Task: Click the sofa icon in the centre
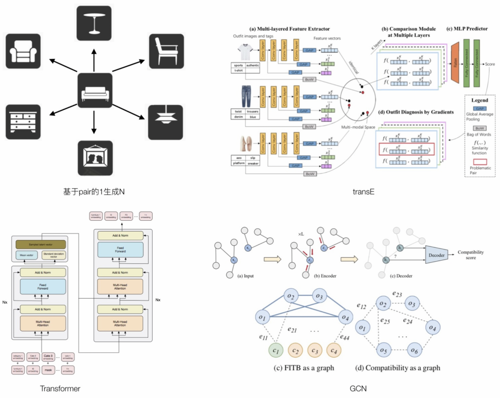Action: pyautogui.click(x=94, y=91)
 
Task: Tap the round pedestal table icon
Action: pyautogui.click(x=94, y=24)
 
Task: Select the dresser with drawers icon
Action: pyautogui.click(x=23, y=122)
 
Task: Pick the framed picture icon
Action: pyautogui.click(x=95, y=158)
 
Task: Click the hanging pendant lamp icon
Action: pyautogui.click(x=165, y=122)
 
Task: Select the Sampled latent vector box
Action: pyautogui.click(x=41, y=243)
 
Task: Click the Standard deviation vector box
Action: pyautogui.click(x=53, y=255)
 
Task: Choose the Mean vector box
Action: pyautogui.click(x=28, y=255)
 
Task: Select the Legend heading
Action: pyautogui.click(x=479, y=100)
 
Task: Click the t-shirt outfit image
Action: pyautogui.click(x=245, y=51)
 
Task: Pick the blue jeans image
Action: pyautogui.click(x=245, y=96)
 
